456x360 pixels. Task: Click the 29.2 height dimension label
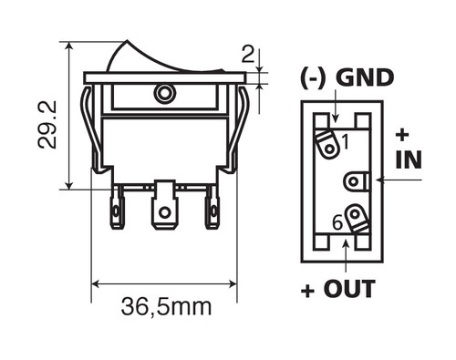(x=47, y=125)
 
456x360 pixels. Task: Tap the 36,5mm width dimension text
(x=166, y=307)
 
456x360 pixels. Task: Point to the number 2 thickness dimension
(x=248, y=55)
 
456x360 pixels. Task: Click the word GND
(x=365, y=78)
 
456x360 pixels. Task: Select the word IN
(x=409, y=159)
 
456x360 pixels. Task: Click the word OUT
(x=349, y=289)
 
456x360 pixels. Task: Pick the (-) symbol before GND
(x=312, y=78)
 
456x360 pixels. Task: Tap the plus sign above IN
(x=402, y=136)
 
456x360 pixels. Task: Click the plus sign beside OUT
(x=307, y=292)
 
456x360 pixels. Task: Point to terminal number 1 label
(x=345, y=142)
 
